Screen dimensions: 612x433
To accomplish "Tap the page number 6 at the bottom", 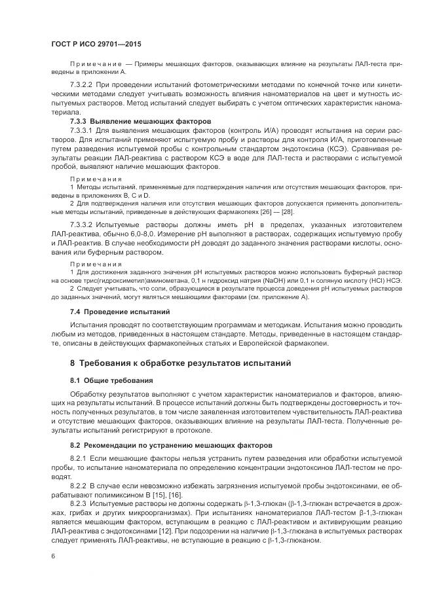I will (53, 556).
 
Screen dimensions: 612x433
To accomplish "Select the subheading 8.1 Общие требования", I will (111, 380).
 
